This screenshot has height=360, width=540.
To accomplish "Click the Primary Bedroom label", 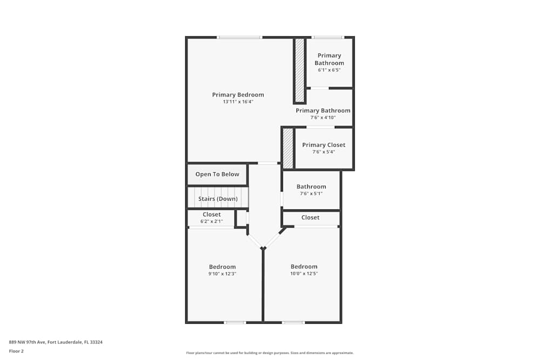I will tap(238, 95).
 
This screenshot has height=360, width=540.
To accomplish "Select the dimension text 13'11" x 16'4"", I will tap(238, 102).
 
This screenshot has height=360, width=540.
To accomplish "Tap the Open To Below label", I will tap(217, 174).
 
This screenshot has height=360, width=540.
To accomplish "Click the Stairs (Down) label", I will tap(218, 199).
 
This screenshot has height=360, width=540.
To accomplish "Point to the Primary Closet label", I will tap(323, 145).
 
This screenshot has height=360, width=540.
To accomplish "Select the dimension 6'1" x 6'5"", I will tap(329, 70).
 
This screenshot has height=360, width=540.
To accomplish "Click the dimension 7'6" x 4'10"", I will tap(323, 118).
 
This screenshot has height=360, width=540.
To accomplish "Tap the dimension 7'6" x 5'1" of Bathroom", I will tap(311, 194).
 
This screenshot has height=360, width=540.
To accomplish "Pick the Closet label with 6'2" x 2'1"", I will tap(212, 214).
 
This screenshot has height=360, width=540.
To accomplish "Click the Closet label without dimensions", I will tap(310, 218).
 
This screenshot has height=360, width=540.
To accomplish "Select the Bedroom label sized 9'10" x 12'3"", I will tap(222, 267).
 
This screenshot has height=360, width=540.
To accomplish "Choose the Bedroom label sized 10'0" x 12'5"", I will tap(304, 267).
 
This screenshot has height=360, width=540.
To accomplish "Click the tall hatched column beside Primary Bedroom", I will tap(299, 70).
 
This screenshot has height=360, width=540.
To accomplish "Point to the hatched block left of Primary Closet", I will tap(288, 148).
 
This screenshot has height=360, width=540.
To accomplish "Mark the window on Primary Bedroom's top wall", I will tap(240, 37).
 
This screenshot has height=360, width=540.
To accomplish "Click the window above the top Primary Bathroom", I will tap(327, 37).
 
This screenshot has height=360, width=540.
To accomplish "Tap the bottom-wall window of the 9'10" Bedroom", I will tap(235, 323).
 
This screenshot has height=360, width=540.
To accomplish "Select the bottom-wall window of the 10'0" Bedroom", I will tap(293, 323).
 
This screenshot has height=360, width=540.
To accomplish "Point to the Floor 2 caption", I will tap(16, 351).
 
